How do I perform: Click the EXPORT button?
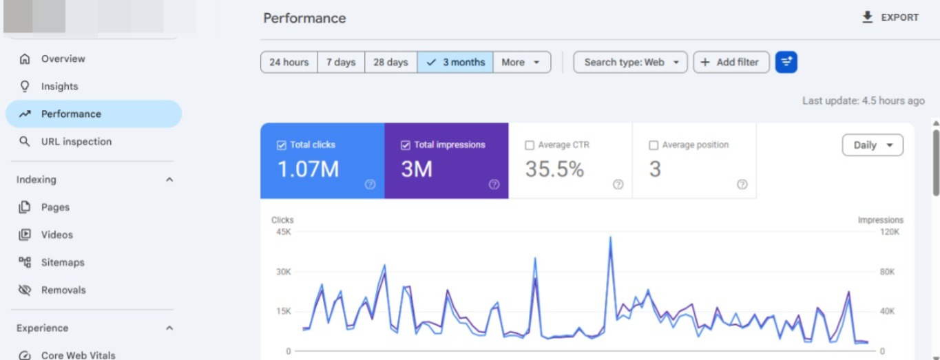(890, 17)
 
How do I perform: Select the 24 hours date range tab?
(289, 62)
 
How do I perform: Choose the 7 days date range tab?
(341, 62)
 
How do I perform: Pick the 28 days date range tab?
(390, 62)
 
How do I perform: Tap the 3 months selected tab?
(455, 62)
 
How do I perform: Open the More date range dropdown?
(522, 62)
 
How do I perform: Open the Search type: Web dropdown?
(630, 62)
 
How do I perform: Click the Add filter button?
(731, 62)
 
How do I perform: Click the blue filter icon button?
(786, 62)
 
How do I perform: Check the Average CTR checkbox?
(530, 145)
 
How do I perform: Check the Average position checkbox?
(654, 145)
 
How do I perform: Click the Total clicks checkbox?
(282, 145)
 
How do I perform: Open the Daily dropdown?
(873, 145)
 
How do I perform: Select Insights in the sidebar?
(60, 87)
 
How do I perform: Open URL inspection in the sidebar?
(76, 142)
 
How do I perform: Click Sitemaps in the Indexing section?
(63, 263)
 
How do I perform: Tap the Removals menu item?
(63, 290)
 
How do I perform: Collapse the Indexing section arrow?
(169, 180)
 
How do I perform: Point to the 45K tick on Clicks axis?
(283, 232)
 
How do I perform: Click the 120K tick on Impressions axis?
(890, 232)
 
